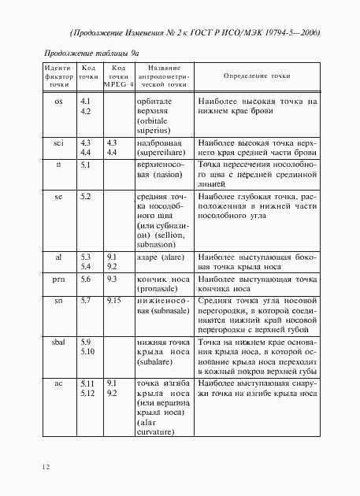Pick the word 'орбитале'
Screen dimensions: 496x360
coord(154,102)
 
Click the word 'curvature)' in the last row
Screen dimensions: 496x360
coord(157,432)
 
